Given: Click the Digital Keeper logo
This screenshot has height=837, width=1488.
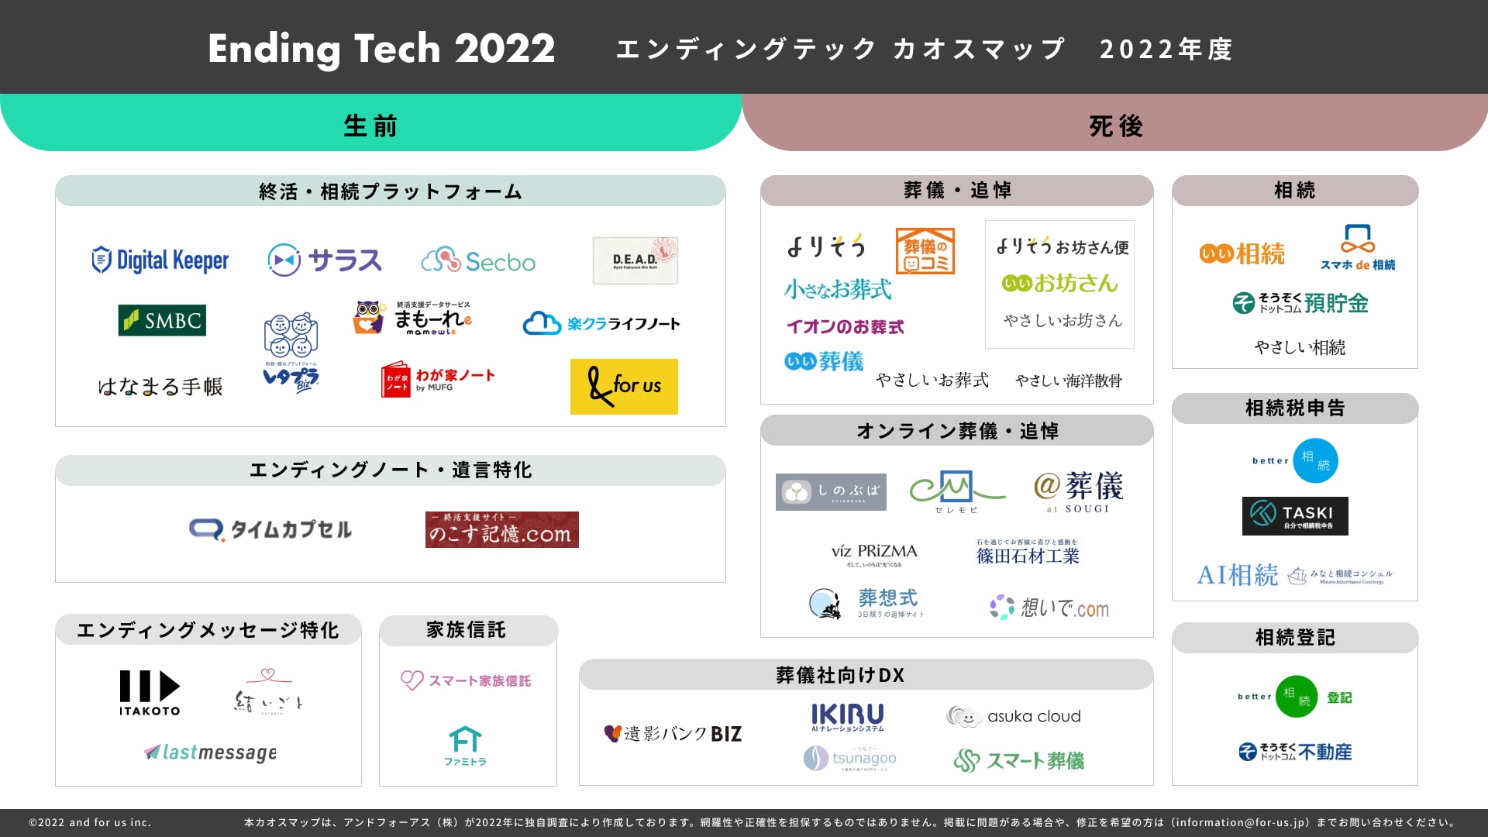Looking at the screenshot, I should click(160, 260).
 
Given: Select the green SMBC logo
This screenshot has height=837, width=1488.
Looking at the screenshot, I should click(162, 320).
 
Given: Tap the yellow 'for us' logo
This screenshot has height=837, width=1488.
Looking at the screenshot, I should click(624, 386).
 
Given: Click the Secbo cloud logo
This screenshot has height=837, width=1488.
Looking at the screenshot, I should click(478, 261).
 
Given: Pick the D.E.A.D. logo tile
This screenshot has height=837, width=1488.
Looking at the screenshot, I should click(635, 260).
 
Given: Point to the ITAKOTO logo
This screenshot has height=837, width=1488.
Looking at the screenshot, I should click(150, 692).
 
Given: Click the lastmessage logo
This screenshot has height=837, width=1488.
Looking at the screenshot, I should click(211, 752).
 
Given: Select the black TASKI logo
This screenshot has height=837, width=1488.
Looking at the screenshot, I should click(1295, 515).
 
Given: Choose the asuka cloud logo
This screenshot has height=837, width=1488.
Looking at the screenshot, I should click(1014, 717).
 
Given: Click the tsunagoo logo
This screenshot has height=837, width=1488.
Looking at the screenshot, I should click(850, 758).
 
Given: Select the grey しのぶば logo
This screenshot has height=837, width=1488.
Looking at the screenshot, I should click(831, 491).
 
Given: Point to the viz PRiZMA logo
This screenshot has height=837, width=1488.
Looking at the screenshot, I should click(874, 553).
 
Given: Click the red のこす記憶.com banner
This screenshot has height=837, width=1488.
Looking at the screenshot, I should click(501, 529).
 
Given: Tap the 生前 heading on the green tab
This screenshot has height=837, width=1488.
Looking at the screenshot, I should click(370, 126).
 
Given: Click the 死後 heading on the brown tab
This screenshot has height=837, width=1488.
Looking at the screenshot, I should click(1116, 126).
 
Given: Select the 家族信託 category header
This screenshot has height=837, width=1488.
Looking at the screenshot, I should click(467, 630).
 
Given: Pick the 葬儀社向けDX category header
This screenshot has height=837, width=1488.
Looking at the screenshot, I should click(840, 675).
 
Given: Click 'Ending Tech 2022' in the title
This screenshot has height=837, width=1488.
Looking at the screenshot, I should click(381, 48).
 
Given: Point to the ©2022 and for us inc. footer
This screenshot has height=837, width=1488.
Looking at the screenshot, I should click(90, 822).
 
